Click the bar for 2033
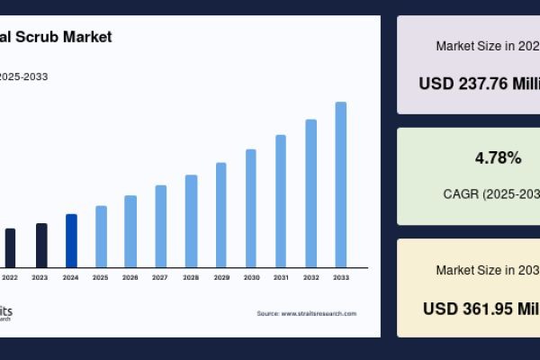(x=341, y=184)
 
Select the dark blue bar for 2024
(x=71, y=240)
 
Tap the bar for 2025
(x=101, y=236)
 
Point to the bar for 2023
(x=41, y=245)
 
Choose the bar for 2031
(x=281, y=201)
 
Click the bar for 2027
(x=161, y=226)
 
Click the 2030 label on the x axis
(x=251, y=277)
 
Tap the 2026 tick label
(x=130, y=277)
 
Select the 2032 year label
(x=310, y=277)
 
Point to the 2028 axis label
(x=191, y=277)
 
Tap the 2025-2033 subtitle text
(x=23, y=76)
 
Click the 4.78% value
(x=498, y=158)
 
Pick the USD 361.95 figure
(x=481, y=308)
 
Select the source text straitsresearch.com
(x=319, y=313)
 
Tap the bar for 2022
(x=11, y=247)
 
